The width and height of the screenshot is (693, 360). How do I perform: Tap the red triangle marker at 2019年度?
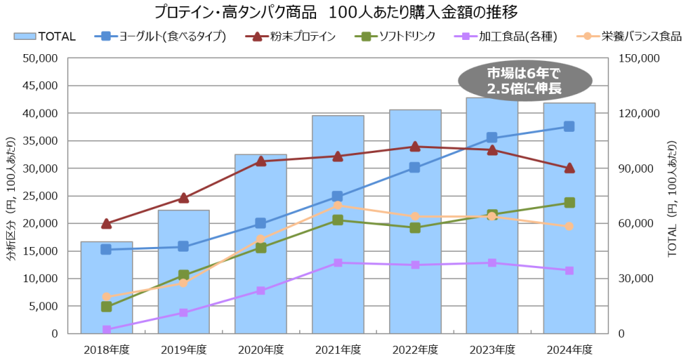coord(183,198)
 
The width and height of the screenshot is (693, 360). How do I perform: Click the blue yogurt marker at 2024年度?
coord(569,127)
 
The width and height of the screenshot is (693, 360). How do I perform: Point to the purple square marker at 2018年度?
coord(106,330)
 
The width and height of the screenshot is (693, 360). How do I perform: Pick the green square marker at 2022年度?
coord(415,227)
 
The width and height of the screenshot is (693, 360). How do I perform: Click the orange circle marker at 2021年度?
coord(338,205)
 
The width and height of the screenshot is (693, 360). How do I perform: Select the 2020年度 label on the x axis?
coord(261,349)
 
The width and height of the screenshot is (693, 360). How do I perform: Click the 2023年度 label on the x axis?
coord(492,349)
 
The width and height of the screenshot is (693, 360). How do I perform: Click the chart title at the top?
coord(346,12)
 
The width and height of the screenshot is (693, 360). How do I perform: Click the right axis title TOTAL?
coord(673,196)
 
